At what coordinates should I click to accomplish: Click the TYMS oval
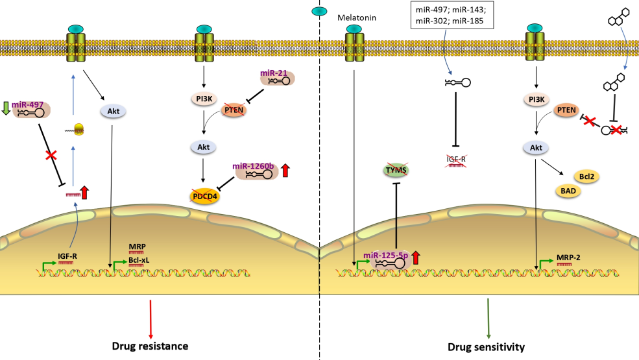point(391,171)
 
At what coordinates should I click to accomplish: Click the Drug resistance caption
point(151,346)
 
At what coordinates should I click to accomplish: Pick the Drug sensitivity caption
point(486,347)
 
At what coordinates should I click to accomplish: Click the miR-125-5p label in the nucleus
point(385,255)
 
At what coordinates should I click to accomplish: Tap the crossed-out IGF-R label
point(456,160)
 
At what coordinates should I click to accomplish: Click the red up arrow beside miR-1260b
point(285,172)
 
